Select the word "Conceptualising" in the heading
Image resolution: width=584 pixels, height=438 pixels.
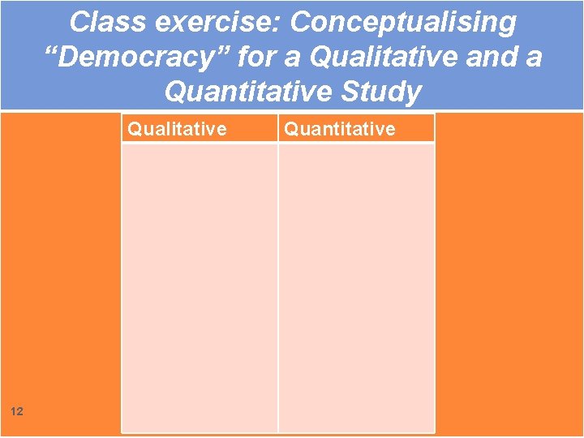click(403, 23)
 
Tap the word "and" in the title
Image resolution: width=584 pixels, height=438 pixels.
click(487, 58)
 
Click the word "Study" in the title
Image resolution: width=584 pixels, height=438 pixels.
click(384, 92)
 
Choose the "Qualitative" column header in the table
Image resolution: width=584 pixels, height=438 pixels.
click(178, 129)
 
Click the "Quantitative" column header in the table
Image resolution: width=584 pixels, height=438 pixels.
click(340, 129)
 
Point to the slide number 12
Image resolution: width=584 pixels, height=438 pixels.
click(17, 412)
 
